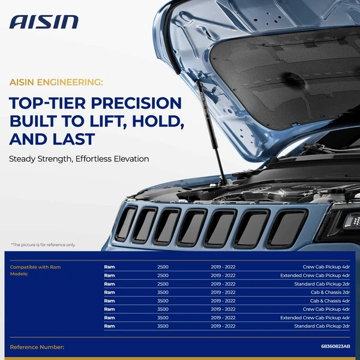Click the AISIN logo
click(44, 22)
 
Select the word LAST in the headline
click(73, 139)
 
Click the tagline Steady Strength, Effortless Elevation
click(79, 159)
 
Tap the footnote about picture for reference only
click(43, 244)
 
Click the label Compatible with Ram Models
click(36, 270)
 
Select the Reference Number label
click(37, 347)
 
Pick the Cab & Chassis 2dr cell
click(329, 292)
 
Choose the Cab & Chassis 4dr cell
click(329, 301)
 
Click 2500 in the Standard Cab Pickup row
click(163, 284)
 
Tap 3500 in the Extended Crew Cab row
click(163, 317)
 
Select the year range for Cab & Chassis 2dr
click(223, 292)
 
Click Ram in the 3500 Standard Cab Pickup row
click(109, 326)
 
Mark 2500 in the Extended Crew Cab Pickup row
click(163, 275)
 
